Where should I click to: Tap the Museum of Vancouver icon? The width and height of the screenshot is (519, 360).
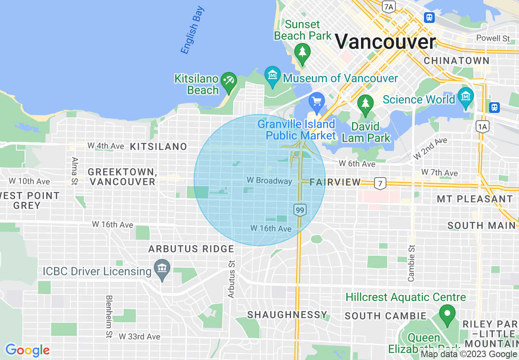[x=273, y=75]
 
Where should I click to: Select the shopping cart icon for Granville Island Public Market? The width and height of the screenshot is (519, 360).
[x=317, y=101]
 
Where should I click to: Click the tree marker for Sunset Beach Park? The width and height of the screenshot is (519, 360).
[x=302, y=52]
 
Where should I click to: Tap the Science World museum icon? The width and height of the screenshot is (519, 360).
[x=466, y=96]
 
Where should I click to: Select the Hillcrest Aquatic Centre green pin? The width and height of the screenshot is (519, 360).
[x=447, y=314]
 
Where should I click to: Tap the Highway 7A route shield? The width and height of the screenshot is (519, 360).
[x=389, y=6]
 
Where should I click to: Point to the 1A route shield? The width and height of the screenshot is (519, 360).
[x=483, y=127]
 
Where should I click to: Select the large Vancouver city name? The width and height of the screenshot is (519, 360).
[x=386, y=42]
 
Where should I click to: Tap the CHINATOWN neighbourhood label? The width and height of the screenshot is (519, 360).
[x=456, y=61]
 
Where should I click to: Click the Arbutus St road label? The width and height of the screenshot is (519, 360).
[x=232, y=279]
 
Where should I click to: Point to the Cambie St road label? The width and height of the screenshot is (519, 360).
[x=411, y=263]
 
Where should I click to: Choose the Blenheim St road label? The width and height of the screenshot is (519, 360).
[x=109, y=317]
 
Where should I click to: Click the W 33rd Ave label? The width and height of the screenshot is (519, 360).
[x=140, y=337]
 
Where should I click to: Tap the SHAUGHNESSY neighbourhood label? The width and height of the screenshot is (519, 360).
[x=287, y=315]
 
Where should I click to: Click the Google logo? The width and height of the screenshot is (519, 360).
[x=27, y=350]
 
